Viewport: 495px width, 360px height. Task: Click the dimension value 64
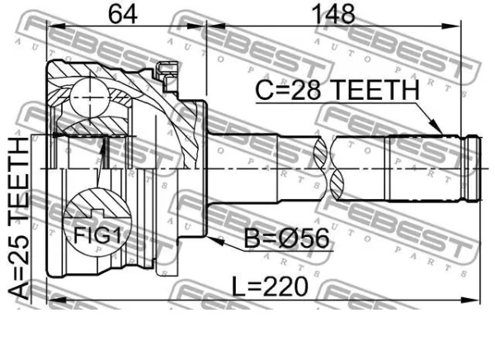tap(123, 14)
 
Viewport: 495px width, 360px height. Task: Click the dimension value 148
tap(333, 14)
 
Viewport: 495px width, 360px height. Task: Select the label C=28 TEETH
tap(337, 90)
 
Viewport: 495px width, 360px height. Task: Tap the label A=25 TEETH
tap(19, 218)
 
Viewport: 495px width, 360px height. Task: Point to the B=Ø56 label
tap(286, 239)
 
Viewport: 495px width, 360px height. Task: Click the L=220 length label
tap(270, 287)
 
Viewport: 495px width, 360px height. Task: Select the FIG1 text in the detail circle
tap(97, 234)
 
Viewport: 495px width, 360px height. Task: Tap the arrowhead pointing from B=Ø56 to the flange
tap(215, 241)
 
